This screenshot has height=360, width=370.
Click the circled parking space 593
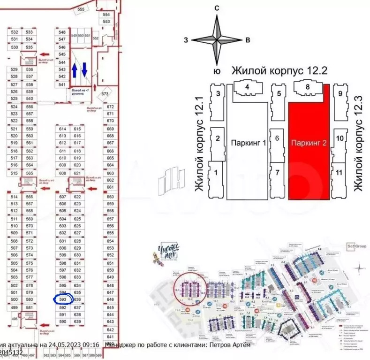62,298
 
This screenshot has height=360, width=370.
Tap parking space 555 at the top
81,9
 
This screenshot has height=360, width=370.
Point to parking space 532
15,32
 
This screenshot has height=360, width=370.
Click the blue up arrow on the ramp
74,70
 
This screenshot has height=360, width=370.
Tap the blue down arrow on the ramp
84,70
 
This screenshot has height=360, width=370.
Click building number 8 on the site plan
307,87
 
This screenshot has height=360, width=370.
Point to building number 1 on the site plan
216,172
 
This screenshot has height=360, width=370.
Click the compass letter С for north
217,8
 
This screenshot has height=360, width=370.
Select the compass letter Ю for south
217,71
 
